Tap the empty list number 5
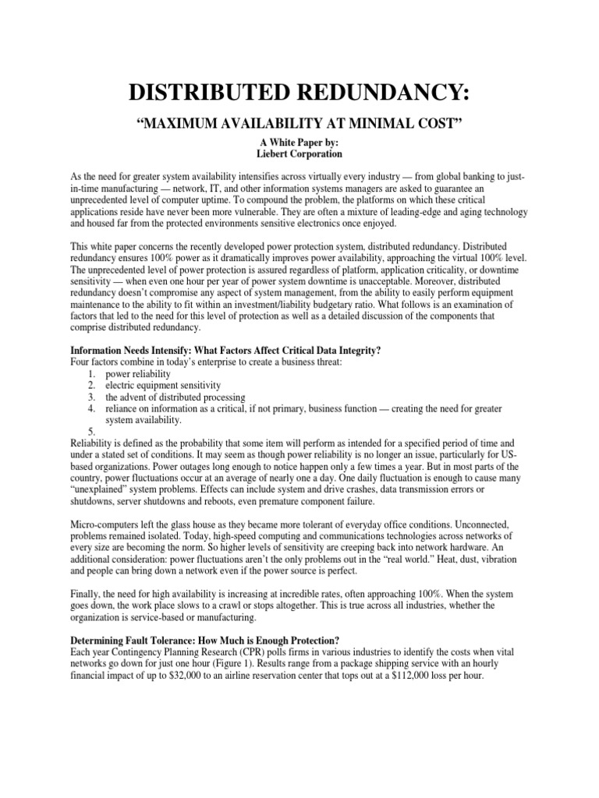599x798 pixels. click(91, 433)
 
